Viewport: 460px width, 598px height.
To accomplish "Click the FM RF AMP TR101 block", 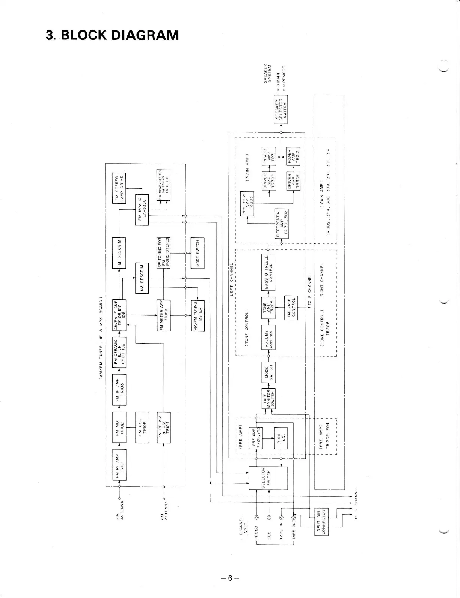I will pos(119,464).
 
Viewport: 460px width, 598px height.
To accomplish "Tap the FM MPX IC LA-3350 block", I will pos(142,210).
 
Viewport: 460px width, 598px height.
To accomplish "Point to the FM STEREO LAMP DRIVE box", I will pos(119,189).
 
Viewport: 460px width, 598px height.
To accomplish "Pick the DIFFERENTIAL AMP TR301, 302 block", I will pos(282,223).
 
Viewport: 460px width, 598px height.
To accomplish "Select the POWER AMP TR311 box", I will pos(268,157).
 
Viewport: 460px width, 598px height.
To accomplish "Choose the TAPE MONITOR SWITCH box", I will pos(268,398).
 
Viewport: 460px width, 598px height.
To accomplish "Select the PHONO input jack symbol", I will pos(256,518).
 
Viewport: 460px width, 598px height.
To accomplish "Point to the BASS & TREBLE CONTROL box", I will pos(268,272).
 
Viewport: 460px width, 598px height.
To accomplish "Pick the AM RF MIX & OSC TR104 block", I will pos(164,427).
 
